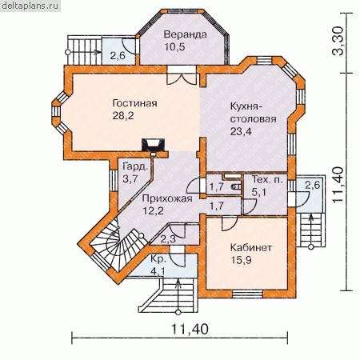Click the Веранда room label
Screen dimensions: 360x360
tap(185, 34)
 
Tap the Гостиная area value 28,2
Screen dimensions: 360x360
tap(123, 116)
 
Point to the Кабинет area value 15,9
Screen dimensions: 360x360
tap(241, 260)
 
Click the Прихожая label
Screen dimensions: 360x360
tap(167, 198)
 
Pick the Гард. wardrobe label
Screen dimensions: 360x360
tap(135, 167)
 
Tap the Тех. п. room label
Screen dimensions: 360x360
tap(267, 179)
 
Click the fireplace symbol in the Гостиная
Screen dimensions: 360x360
tap(153, 146)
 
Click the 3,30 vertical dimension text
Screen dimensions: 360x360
tap(338, 41)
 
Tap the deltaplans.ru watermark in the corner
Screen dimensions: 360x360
tap(30, 6)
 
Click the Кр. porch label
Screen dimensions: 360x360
tap(158, 259)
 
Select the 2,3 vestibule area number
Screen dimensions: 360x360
tap(168, 239)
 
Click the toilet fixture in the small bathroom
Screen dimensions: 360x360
tap(237, 187)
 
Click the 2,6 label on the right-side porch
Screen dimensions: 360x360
tap(313, 185)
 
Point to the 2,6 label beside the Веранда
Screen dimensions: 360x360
tap(118, 56)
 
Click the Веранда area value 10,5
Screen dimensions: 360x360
tap(174, 47)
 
